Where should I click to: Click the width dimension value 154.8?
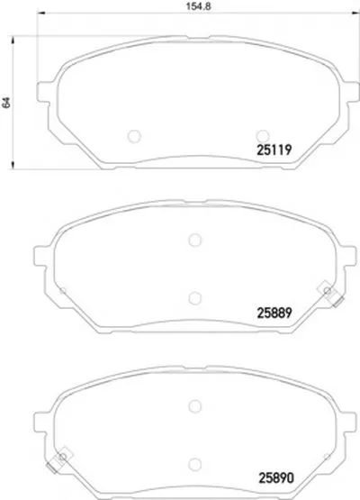[199, 6]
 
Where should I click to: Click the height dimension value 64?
[6, 103]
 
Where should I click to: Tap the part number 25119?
[274, 150]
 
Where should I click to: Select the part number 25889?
[274, 313]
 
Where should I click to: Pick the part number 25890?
[276, 478]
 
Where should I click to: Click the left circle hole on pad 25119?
[134, 136]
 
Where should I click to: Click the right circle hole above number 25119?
[263, 136]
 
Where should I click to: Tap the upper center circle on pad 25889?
[194, 241]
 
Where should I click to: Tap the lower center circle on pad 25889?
[194, 298]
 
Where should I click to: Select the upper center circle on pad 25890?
[194, 406]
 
